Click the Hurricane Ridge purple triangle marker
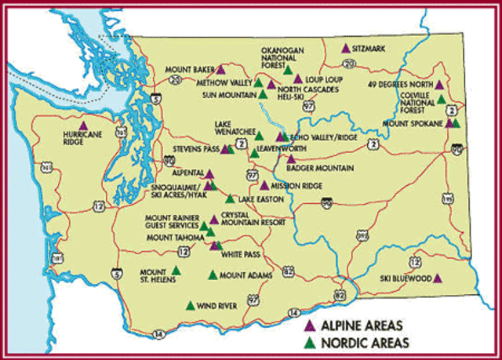click(x=84, y=125)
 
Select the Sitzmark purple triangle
click(x=346, y=49)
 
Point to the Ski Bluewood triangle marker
click(x=438, y=278)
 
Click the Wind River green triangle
click(x=189, y=307)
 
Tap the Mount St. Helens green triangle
click(x=176, y=271)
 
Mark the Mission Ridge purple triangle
click(x=264, y=185)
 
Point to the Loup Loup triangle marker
click(x=298, y=79)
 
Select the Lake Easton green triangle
click(x=229, y=199)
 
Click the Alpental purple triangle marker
click(x=209, y=173)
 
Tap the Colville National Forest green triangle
click(x=441, y=100)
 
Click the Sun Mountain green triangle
click(x=263, y=95)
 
